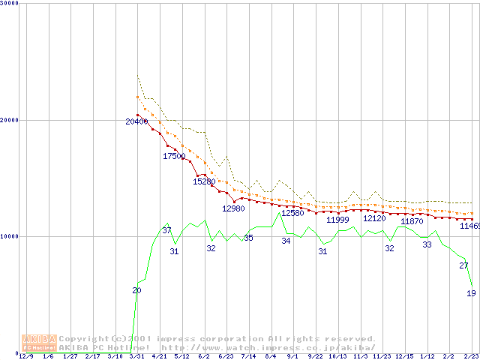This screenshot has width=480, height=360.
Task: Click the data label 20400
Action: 136,121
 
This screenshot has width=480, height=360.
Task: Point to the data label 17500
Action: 174,156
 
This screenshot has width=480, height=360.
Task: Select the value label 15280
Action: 204,181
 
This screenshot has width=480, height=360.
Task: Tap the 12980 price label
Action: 233,208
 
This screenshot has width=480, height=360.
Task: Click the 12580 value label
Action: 292,213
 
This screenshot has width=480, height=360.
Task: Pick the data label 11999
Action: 337,220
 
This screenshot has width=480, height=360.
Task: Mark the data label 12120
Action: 374,218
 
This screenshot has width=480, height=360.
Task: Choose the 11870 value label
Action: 412,221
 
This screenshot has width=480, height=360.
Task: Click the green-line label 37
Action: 166,230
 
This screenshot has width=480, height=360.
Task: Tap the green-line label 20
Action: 136,290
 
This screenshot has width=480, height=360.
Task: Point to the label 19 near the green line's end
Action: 471,293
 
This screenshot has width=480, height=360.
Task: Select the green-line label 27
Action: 463,265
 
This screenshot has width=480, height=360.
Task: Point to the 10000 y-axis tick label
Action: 10,236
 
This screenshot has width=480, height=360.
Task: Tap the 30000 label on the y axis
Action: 10,4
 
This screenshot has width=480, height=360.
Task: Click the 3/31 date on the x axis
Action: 136,356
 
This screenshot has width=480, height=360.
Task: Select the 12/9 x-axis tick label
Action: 25,356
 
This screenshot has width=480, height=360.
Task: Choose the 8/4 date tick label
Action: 270,356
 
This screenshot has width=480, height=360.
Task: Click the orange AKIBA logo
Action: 39,343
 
